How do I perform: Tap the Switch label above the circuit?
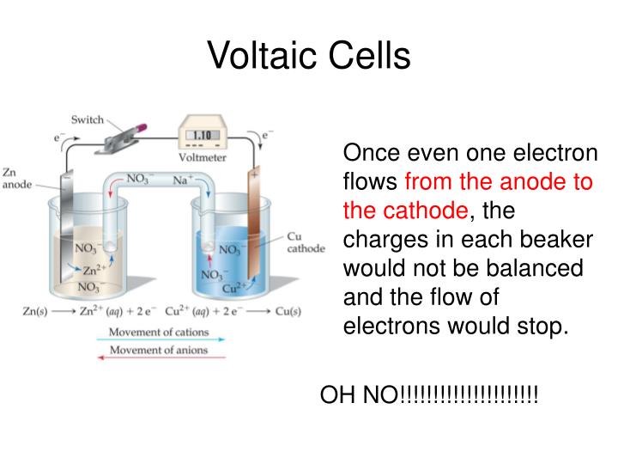pos(87,119)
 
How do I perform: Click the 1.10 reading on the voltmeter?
pos(202,136)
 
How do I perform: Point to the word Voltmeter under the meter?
pos(203,157)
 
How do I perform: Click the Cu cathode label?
pos(305,241)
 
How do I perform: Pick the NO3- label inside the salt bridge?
pos(140,179)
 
